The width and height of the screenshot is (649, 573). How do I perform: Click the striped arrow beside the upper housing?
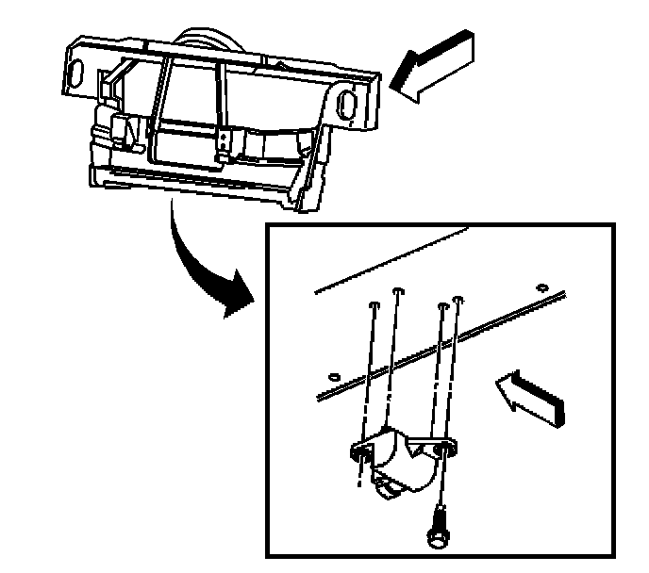coord(433,66)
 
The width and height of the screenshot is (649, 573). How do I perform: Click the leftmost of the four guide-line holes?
coord(374,304)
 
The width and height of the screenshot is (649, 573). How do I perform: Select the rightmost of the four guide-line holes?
coord(458,301)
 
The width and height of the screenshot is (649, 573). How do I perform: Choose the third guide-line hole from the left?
coord(441,304)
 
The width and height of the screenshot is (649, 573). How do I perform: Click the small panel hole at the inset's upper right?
coord(541,285)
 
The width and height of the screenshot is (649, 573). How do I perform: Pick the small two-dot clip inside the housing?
coord(224,144)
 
